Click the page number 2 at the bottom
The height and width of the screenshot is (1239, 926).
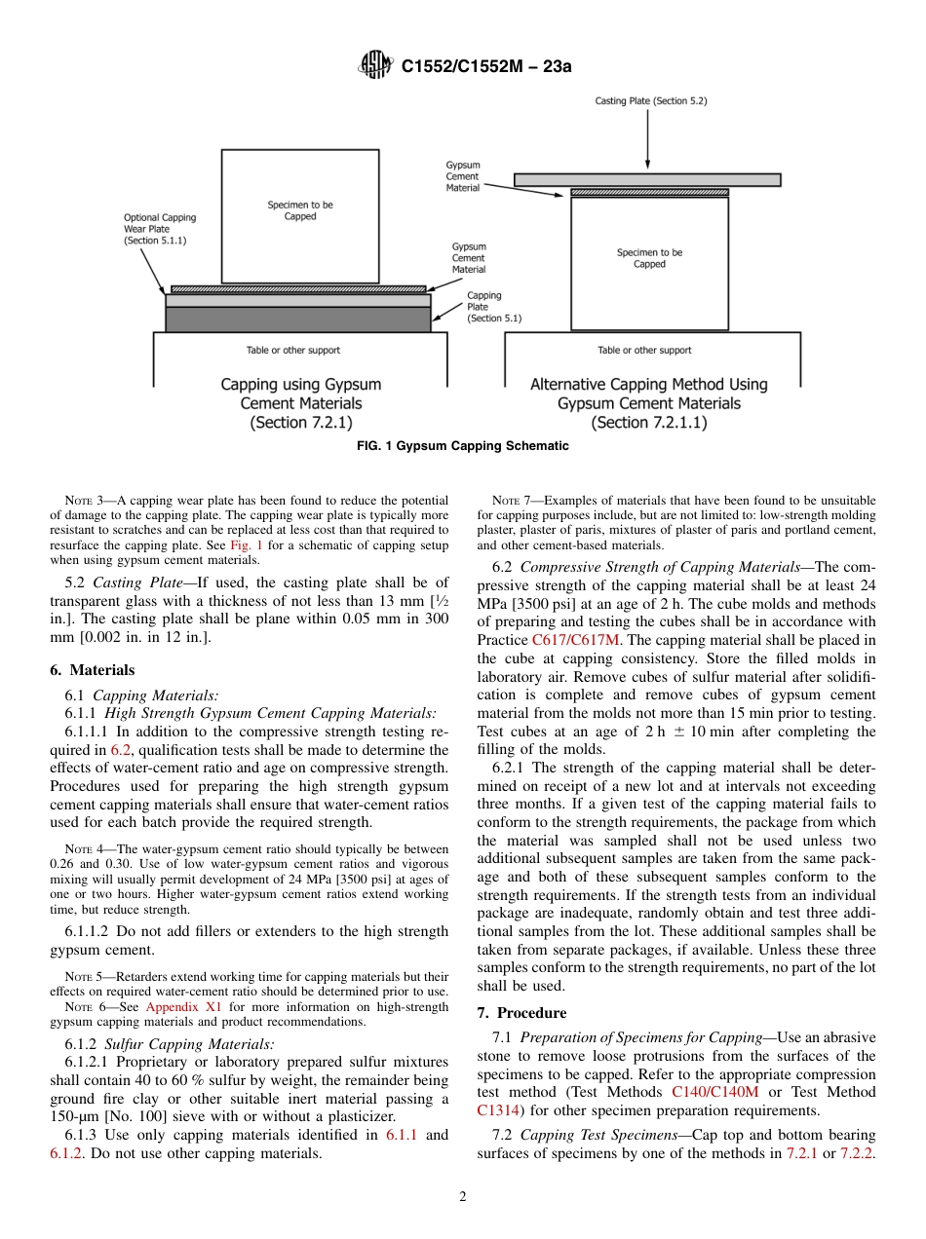click(x=463, y=1196)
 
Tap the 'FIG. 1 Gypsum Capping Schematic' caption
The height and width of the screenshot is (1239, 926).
click(x=463, y=446)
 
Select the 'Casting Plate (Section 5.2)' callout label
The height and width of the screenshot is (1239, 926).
click(x=651, y=101)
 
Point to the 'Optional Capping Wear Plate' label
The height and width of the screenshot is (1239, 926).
click(x=159, y=229)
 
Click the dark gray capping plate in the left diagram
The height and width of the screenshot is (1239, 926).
click(x=297, y=319)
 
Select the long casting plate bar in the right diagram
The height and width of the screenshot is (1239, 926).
click(x=647, y=179)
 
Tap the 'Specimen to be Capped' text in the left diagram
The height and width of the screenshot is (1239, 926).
click(x=300, y=210)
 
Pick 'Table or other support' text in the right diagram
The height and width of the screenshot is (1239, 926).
click(x=644, y=351)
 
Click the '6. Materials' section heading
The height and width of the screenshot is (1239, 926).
click(x=93, y=670)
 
